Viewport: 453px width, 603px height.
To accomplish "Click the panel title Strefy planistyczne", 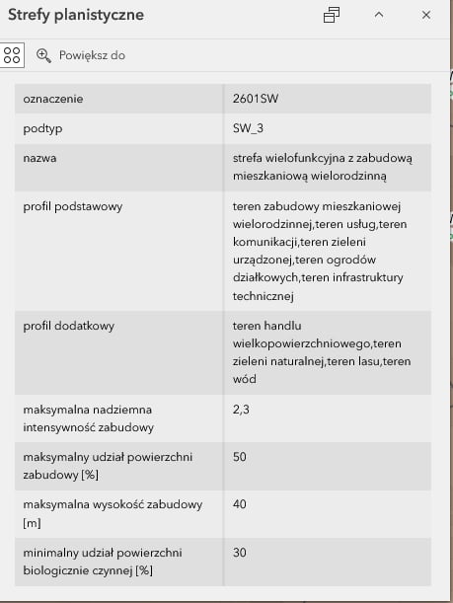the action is [75, 15].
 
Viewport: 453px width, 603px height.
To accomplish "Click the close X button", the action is [426, 15].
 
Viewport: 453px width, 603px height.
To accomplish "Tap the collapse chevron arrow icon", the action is [379, 15].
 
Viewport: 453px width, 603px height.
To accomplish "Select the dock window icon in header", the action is [332, 15].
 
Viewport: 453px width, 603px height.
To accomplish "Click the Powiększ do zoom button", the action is [81, 55].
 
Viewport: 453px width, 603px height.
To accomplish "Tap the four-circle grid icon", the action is [12, 55].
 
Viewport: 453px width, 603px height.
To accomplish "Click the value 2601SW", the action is [256, 99].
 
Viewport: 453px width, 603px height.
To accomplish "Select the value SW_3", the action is [248, 129].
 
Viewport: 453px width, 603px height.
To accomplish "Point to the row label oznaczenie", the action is [53, 99].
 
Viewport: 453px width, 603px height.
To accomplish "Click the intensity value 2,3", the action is [241, 408].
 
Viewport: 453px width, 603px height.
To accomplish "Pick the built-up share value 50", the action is [240, 457].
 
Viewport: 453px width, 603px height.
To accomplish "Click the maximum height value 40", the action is [240, 504].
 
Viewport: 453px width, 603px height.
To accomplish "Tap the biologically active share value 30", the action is [240, 552].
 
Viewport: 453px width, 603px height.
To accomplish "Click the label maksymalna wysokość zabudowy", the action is [112, 504].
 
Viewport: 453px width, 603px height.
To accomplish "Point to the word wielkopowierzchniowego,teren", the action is [315, 342].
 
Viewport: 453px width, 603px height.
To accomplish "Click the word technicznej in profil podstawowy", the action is [264, 295].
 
